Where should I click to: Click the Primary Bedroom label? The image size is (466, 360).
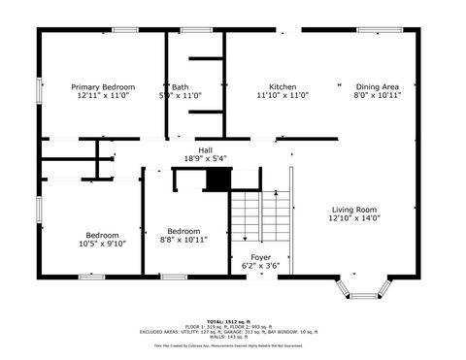click(x=102, y=86)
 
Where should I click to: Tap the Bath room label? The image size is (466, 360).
click(x=181, y=86)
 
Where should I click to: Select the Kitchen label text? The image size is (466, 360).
click(x=283, y=86)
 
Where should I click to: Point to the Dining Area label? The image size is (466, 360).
click(x=377, y=86)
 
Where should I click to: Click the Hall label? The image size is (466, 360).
click(x=205, y=150)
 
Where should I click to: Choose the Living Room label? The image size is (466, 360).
click(x=354, y=210)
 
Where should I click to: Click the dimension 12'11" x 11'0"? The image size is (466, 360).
click(x=102, y=95)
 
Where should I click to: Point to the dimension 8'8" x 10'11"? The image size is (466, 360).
click(x=183, y=240)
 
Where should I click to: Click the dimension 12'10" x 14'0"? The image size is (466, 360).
click(x=354, y=218)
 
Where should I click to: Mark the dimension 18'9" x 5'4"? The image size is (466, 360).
click(x=205, y=159)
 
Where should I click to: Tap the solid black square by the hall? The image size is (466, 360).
click(x=219, y=179)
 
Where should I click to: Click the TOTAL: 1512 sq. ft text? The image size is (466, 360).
click(x=232, y=320)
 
